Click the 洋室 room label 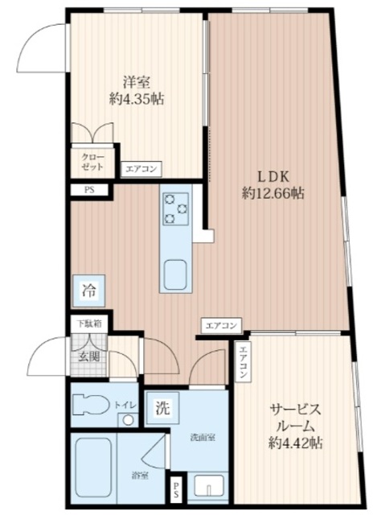pos(134,81)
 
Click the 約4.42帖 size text pos(296,442)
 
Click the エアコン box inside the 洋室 pos(142,169)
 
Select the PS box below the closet pos(89,191)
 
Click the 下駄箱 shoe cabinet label pos(89,323)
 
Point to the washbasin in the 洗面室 pos(211,487)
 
